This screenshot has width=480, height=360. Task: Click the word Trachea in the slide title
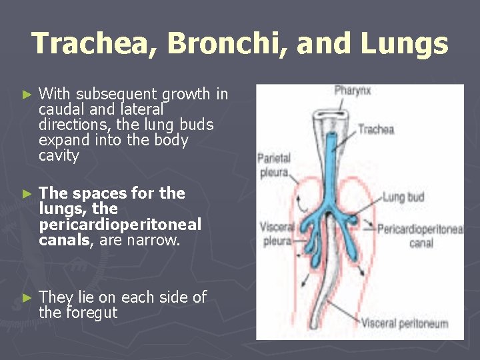(x=93, y=44)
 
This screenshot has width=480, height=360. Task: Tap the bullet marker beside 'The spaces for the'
(x=27, y=194)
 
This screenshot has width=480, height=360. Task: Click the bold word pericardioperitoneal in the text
(x=120, y=225)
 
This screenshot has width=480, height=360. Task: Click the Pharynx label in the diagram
(x=351, y=90)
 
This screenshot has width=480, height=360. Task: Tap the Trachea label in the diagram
(x=375, y=129)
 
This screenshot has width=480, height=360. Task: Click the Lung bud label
(x=403, y=197)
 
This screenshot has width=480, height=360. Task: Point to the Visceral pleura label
(x=275, y=233)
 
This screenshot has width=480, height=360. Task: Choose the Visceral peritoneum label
(x=405, y=324)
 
